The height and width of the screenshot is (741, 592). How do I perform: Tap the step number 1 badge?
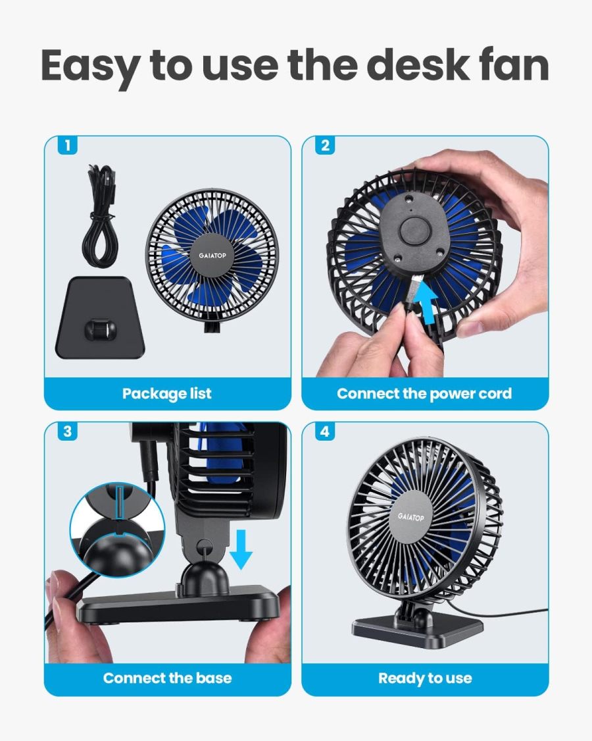coord(67,146)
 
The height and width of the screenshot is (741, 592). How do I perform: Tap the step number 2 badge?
coord(325,146)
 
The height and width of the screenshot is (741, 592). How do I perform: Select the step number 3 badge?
coord(67,432)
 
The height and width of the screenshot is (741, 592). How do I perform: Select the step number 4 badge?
coord(325,432)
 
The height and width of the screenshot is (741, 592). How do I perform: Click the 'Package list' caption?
coord(167,394)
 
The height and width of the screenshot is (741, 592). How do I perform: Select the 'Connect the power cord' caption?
coord(424,394)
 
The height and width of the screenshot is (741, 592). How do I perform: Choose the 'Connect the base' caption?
coord(167,678)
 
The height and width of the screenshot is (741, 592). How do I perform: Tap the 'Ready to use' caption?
coord(425,678)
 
